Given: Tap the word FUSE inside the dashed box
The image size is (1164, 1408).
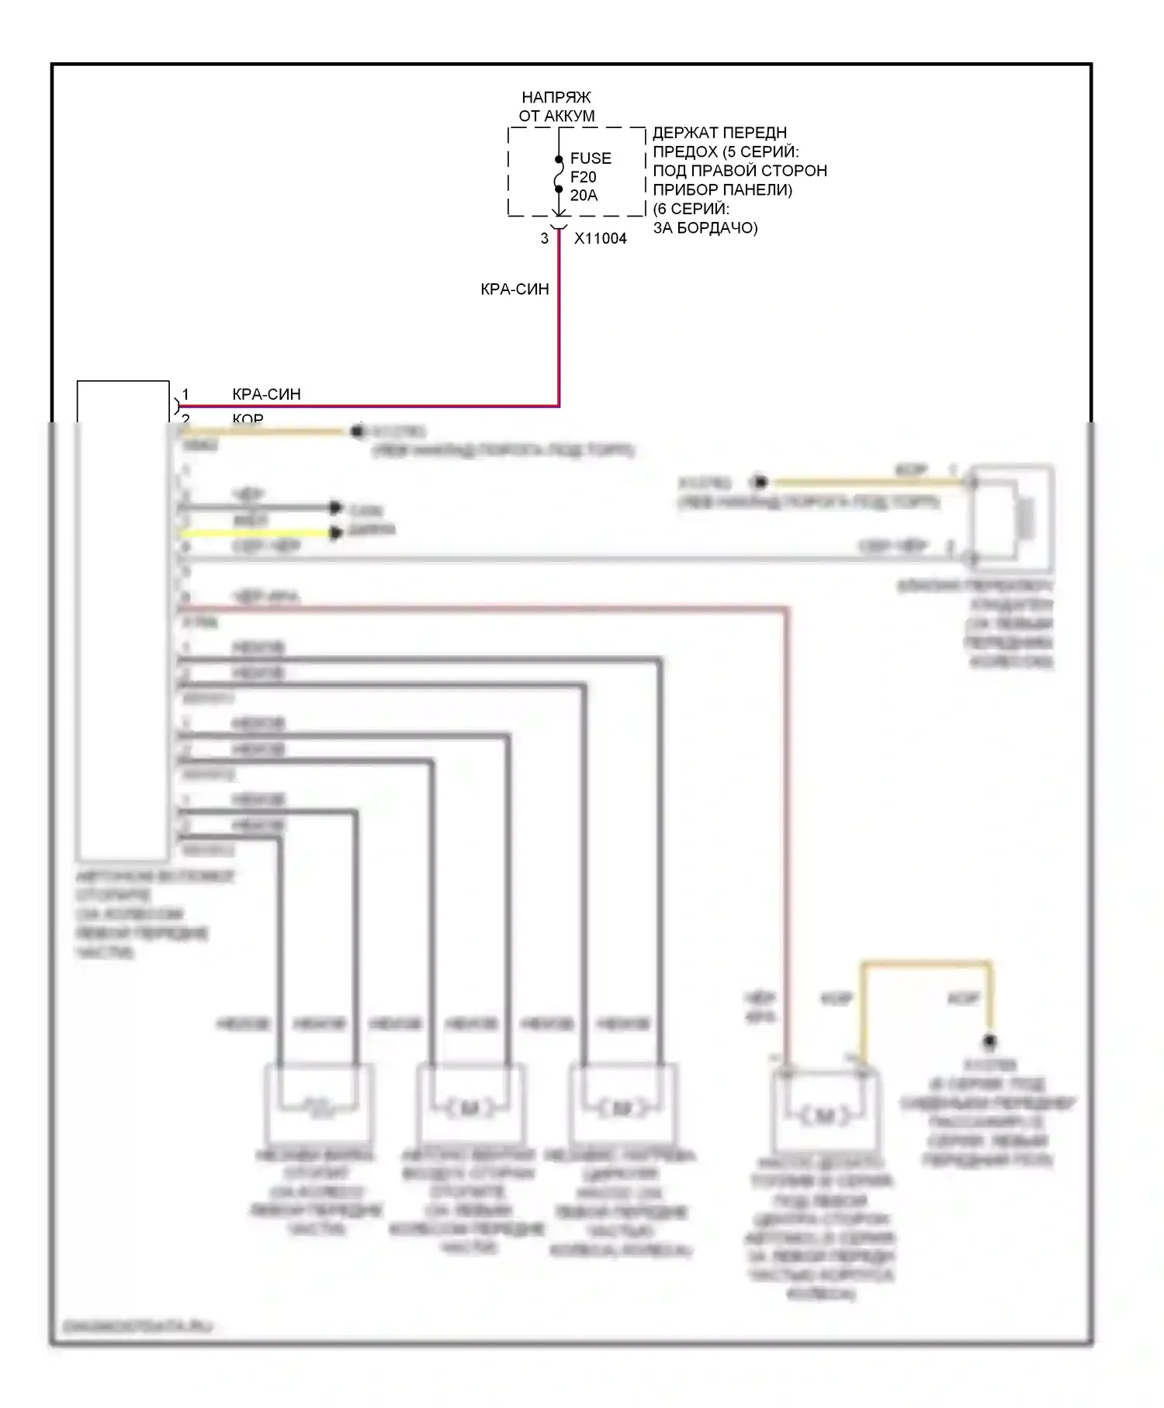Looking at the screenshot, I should tap(591, 158).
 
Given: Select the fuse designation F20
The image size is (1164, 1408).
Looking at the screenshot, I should tap(583, 177).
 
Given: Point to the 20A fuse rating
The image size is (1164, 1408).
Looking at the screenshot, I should tap(584, 196).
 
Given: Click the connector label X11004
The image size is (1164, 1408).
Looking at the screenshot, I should tap(600, 239).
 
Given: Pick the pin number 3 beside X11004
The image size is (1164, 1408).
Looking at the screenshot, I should tap(545, 239).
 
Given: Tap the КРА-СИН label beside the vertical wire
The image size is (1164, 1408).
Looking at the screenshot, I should tap(514, 290).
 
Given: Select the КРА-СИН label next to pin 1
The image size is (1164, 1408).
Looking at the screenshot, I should tap(266, 394).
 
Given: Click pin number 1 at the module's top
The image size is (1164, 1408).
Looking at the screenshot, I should tap(185, 394).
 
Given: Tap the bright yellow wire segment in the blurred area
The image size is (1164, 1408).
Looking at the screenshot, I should tap(256, 533).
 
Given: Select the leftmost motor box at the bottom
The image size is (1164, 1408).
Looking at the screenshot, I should tap(318, 1104).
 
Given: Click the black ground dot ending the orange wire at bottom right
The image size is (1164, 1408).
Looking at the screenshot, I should tap(989, 1041).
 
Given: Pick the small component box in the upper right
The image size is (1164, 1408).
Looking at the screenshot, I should tap(1013, 512).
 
